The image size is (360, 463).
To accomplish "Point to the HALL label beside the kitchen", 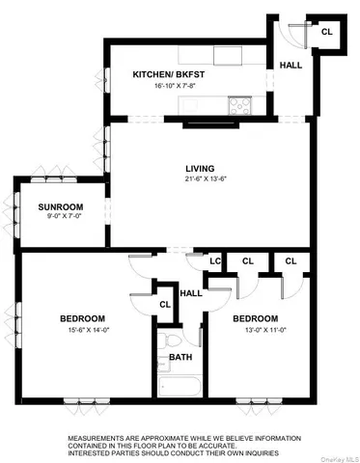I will [x=291, y=65].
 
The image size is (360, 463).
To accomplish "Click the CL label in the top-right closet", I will [x=327, y=32].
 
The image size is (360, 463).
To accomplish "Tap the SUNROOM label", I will [x=60, y=207].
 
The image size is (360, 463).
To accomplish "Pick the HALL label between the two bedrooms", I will [x=191, y=293].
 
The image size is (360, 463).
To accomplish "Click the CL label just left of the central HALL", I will [x=165, y=304].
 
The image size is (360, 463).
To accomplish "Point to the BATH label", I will [x=180, y=357].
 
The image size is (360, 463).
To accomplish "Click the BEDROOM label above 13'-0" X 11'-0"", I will [x=255, y=318].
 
